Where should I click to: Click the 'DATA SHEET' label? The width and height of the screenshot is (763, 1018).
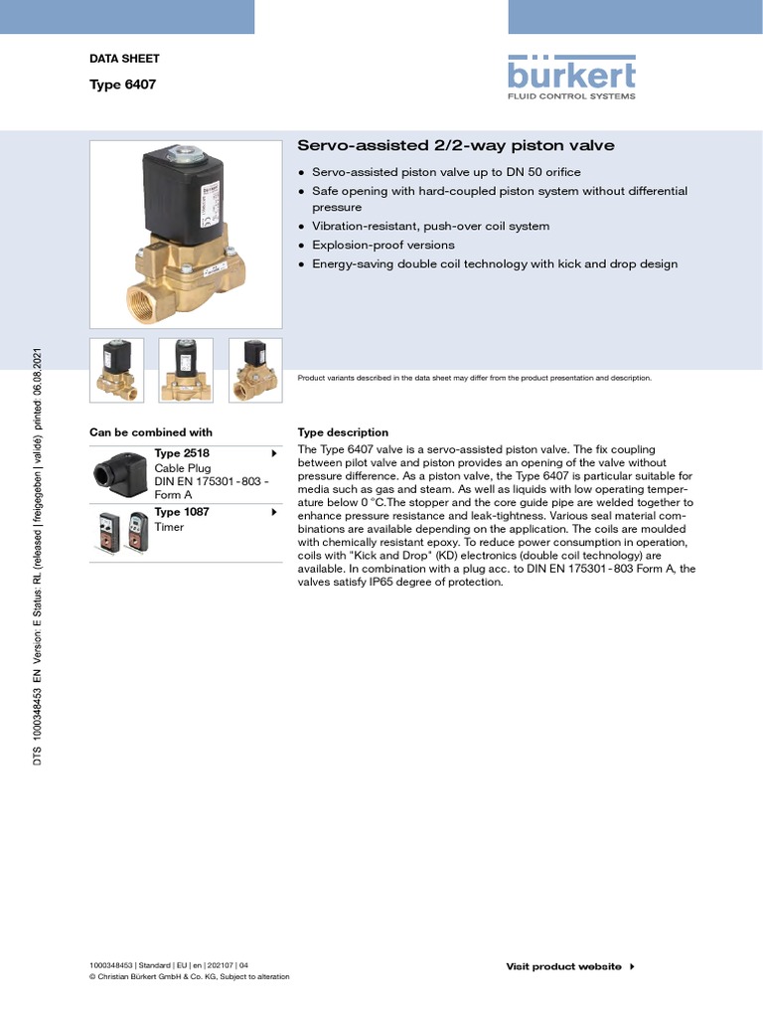tap(124, 59)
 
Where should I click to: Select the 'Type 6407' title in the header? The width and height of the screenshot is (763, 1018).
tap(122, 85)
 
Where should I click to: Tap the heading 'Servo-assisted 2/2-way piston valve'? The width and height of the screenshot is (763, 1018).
tap(456, 146)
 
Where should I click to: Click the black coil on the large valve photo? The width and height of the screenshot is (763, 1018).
tap(183, 193)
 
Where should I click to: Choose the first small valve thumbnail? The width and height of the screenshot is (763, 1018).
tap(116, 371)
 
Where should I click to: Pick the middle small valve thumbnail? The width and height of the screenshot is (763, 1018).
tap(186, 371)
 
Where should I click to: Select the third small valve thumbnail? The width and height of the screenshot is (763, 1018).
tap(255, 371)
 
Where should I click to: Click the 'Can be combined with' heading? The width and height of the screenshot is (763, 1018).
tap(151, 432)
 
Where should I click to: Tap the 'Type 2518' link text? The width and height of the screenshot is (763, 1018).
tap(182, 453)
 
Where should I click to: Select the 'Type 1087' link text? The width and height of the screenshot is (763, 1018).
tap(182, 512)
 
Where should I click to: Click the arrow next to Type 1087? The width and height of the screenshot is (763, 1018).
tap(273, 512)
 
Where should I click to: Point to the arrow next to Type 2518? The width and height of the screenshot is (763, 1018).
tap(273, 453)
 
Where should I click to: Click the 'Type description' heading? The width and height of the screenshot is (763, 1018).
tap(343, 432)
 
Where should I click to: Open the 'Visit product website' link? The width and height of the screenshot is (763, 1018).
tap(563, 966)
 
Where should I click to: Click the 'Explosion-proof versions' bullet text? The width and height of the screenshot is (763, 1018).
tap(382, 245)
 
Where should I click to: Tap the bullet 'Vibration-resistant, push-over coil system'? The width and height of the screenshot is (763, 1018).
tap(430, 226)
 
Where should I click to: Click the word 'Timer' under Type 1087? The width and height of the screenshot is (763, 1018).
tap(169, 527)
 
